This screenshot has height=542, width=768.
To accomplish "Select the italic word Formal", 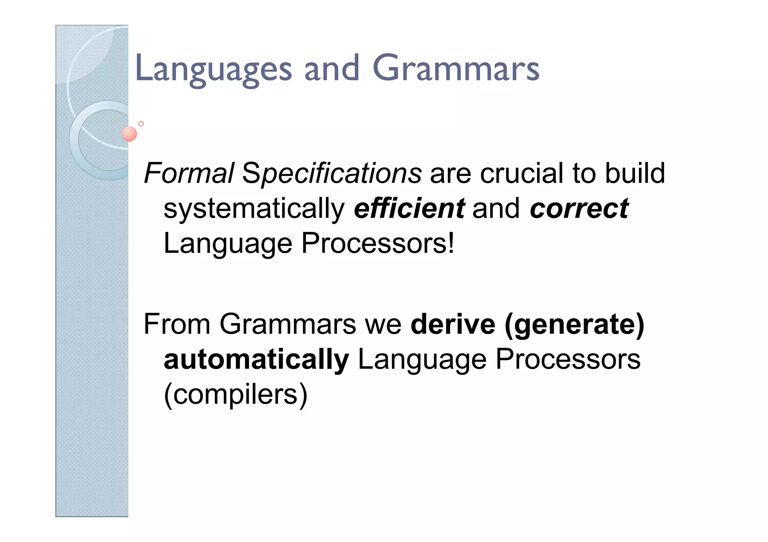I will pos(189,173).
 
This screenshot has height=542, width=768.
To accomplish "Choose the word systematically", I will pos(254,209).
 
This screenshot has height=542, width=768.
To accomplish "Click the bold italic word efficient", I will pos(409,209).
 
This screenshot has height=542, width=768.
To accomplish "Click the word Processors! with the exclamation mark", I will pos(378,244).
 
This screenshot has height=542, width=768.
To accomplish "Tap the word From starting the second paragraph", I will pos(177,324).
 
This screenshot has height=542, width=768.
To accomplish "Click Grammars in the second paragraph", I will pos(288,324).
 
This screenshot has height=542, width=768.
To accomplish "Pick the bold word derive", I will pos(453,324).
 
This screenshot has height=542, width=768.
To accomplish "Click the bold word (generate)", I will pos(574,325).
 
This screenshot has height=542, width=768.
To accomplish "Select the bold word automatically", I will pos(256,360).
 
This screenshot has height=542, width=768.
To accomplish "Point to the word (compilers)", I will pos(235,395).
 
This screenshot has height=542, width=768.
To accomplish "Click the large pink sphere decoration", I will pos(129,134).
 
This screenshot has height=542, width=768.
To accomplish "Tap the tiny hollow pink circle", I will pos(141,124).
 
